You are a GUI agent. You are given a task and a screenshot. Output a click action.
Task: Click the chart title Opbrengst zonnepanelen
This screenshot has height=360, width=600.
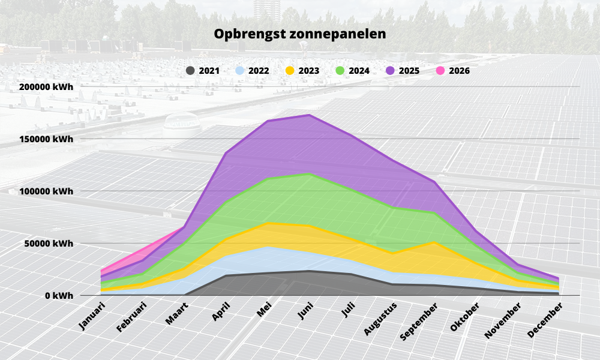click(300, 34)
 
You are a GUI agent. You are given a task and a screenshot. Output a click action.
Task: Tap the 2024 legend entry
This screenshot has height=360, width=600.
click(353, 71)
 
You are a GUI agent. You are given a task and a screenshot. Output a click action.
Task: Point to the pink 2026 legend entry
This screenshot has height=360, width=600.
click(453, 71)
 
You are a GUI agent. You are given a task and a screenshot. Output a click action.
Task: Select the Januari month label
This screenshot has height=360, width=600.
click(91, 317)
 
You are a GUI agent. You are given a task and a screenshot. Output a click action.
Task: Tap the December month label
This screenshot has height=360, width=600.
click(547, 320)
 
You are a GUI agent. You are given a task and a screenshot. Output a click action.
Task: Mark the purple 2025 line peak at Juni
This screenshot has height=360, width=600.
click(308, 115)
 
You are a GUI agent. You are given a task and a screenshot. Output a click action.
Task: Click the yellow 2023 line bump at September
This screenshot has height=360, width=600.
click(434, 242)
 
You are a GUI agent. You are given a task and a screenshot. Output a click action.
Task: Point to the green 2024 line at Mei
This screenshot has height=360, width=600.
click(267, 179)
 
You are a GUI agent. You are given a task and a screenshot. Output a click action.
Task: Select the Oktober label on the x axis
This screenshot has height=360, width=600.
click(466, 317)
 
